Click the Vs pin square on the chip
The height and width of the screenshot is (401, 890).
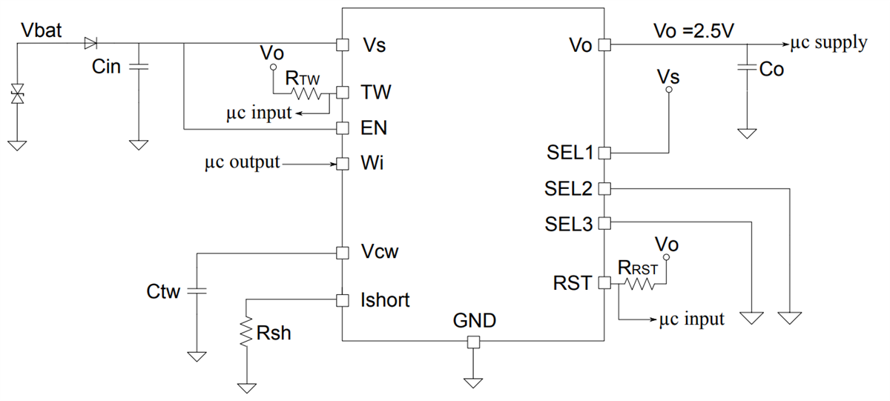point(342,44)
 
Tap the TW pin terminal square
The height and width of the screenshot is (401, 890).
point(342,93)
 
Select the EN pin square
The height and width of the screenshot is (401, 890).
point(342,128)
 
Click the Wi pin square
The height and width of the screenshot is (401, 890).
point(342,163)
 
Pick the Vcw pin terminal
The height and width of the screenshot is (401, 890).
point(342,253)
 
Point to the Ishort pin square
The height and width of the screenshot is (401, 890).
point(342,300)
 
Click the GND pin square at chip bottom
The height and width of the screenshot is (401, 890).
point(472,342)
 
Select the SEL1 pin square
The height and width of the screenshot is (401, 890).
point(604,153)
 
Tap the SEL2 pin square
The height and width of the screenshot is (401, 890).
point(604,188)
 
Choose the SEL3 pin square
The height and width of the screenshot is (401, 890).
point(604,222)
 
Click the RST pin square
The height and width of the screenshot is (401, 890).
point(604,282)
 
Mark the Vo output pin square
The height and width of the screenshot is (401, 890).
point(604,44)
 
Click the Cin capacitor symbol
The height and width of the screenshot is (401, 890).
point(138,67)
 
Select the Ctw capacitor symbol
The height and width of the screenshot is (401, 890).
point(197,291)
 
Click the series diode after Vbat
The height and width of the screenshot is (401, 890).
point(91,43)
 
